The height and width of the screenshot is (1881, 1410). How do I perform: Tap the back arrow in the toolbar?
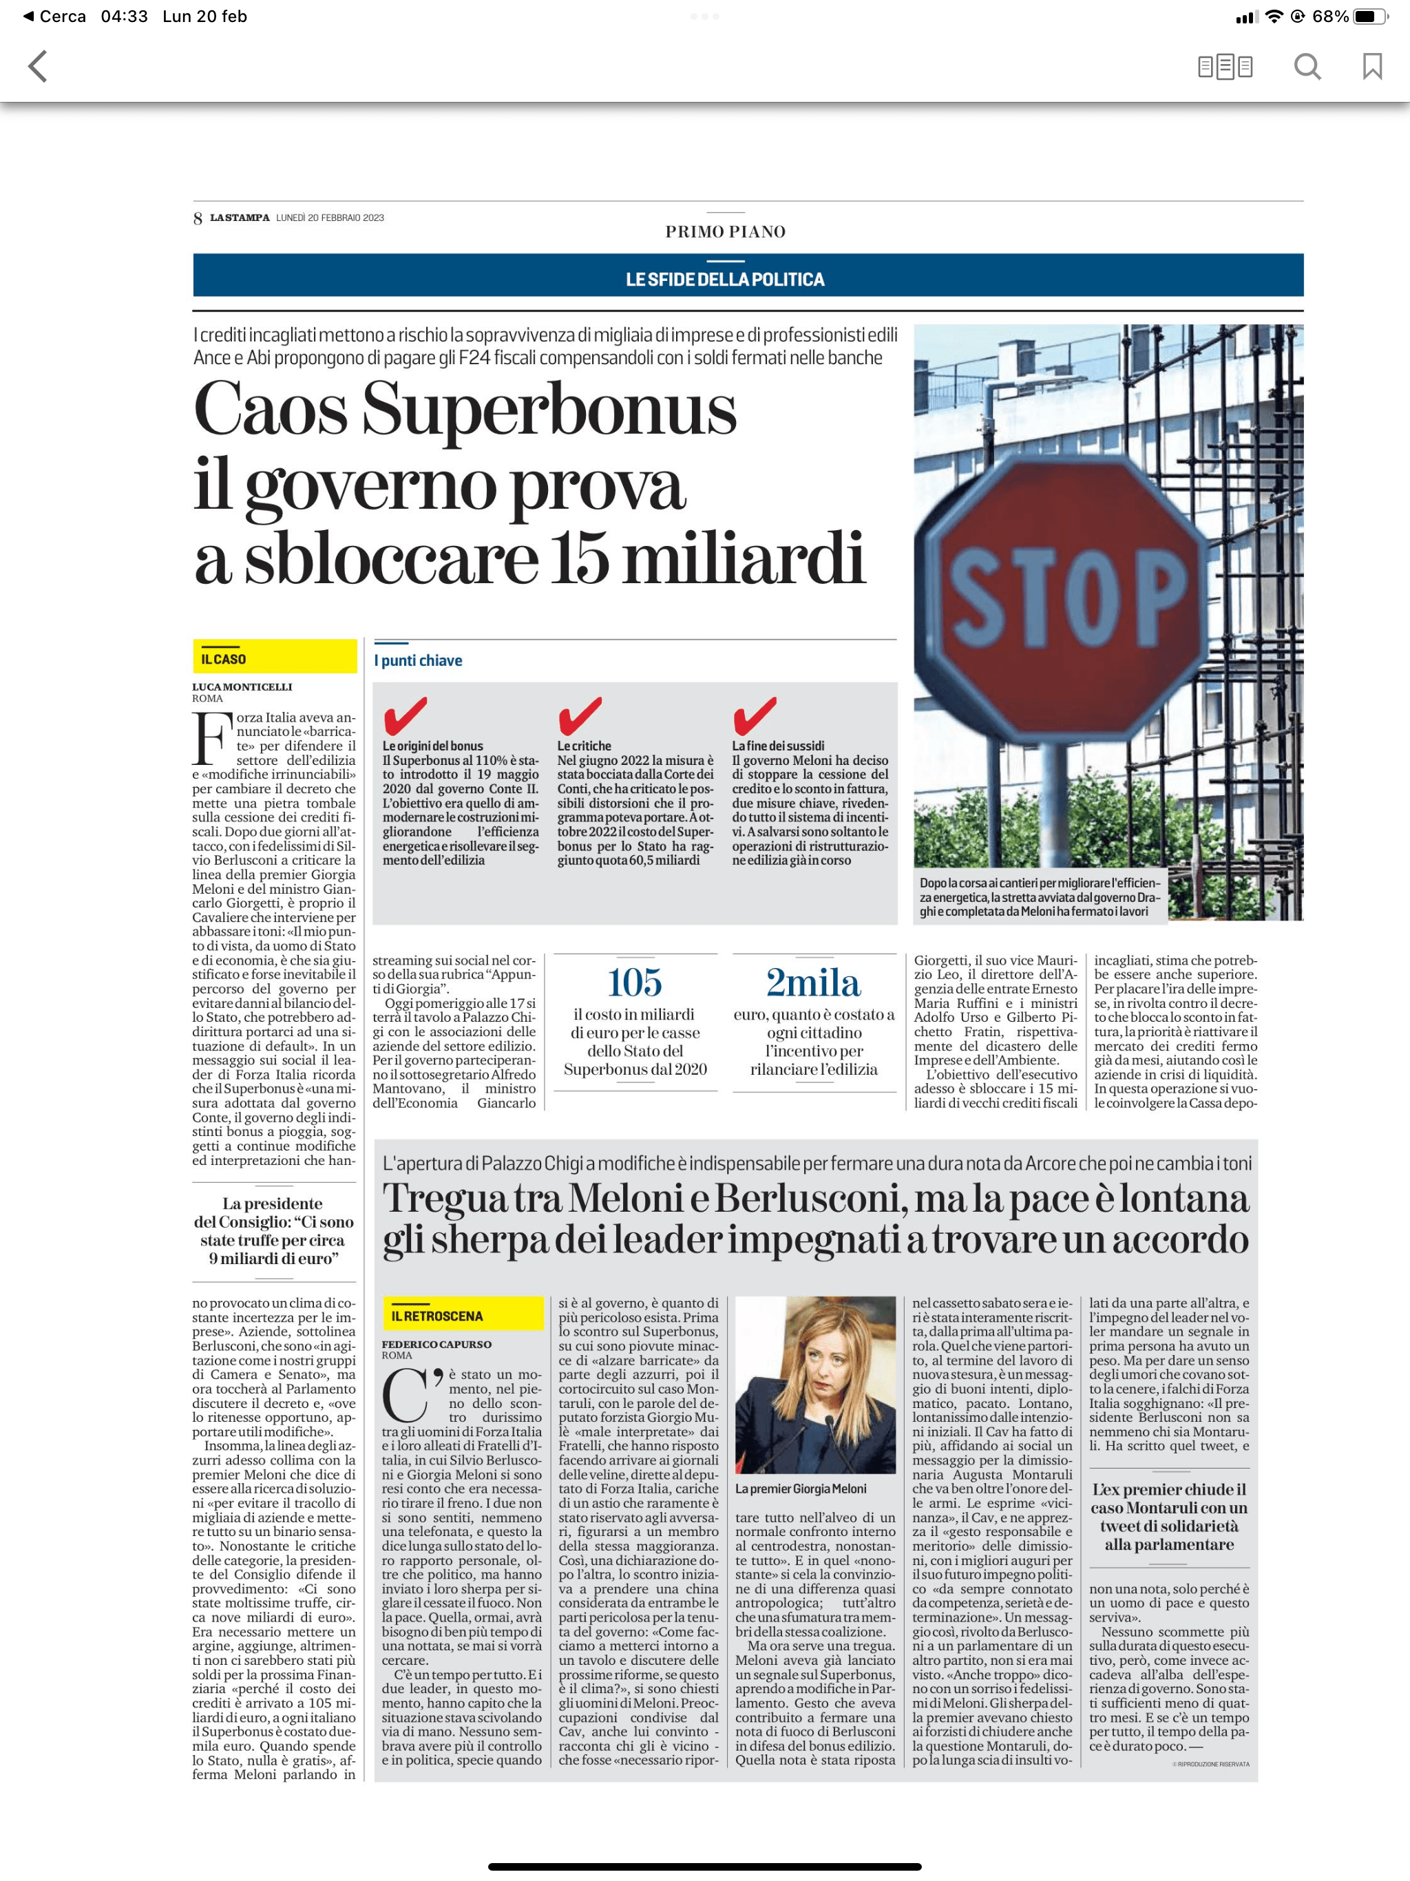pos(37,66)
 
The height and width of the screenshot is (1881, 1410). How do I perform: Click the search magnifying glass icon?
pos(1307,66)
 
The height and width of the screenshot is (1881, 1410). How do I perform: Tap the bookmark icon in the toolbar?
pos(1371,66)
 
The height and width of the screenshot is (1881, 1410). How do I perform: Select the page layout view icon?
pos(1225,66)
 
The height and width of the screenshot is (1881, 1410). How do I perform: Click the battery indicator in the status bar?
pos(1369,16)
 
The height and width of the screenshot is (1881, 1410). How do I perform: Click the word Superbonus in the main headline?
pos(549,409)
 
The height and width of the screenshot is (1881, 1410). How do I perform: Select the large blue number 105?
pos(634,982)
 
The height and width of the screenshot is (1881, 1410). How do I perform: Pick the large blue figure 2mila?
pos(813,982)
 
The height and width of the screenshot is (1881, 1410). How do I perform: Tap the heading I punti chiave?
pos(419,660)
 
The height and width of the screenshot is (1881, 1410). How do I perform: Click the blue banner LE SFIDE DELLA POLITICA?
pos(724,279)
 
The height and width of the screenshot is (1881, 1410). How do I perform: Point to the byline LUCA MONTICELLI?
pos(242,686)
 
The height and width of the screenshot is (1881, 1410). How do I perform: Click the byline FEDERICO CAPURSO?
pos(437,1343)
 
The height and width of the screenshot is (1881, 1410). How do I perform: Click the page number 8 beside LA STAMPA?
pos(198,218)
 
